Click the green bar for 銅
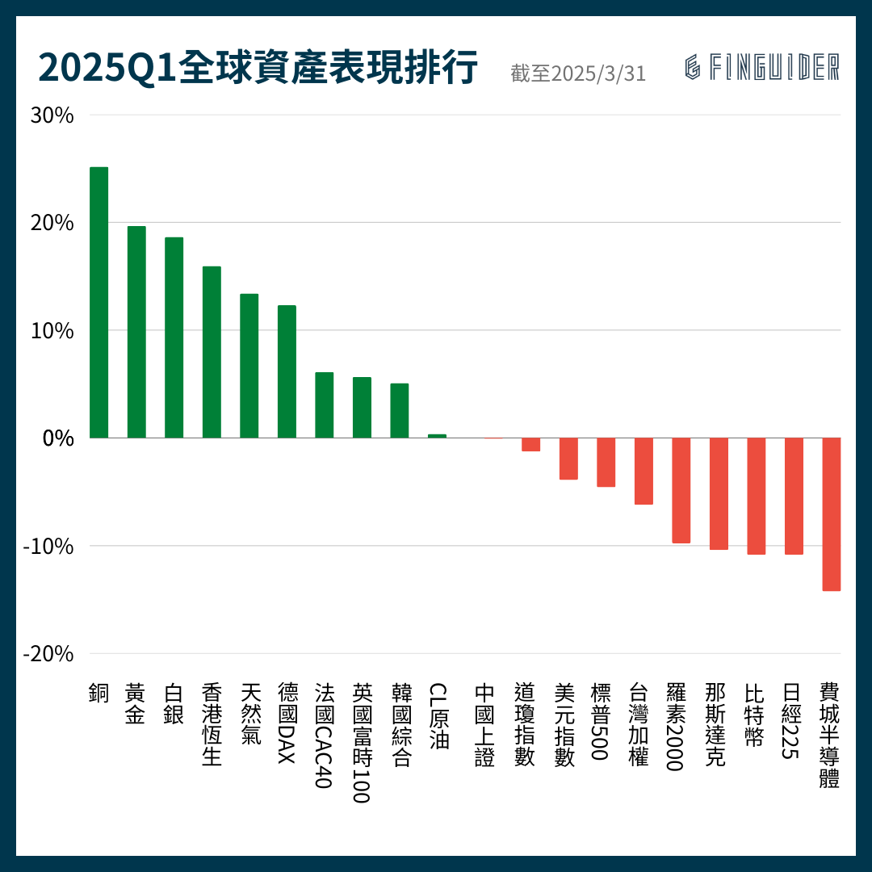[x=99, y=303]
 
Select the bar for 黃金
[x=136, y=332]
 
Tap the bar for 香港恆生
[x=212, y=352]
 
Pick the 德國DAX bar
[x=287, y=371]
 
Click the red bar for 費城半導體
[x=831, y=514]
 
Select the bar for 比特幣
[x=756, y=496]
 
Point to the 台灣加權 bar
[x=644, y=471]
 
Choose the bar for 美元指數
[x=568, y=459]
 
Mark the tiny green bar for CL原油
[x=437, y=436]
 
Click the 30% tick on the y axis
[x=52, y=115]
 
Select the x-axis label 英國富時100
[x=361, y=743]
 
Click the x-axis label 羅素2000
[x=676, y=727]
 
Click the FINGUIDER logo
[x=761, y=68]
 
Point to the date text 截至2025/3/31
[x=578, y=73]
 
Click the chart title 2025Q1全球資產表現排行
[x=258, y=68]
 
